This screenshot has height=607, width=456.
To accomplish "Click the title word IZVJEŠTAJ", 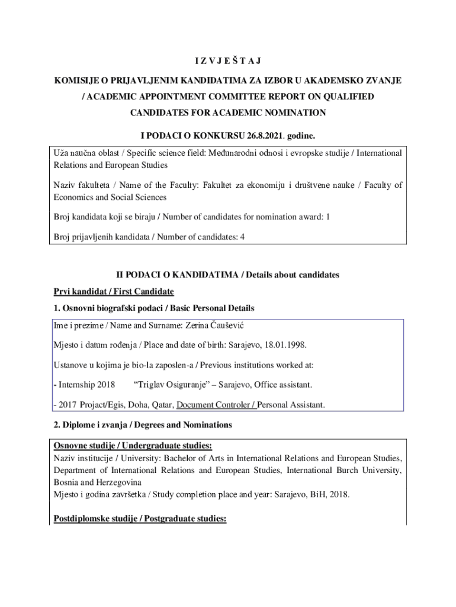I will pos(228,61).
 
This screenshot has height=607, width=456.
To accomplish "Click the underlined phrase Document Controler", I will pos(213,405).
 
